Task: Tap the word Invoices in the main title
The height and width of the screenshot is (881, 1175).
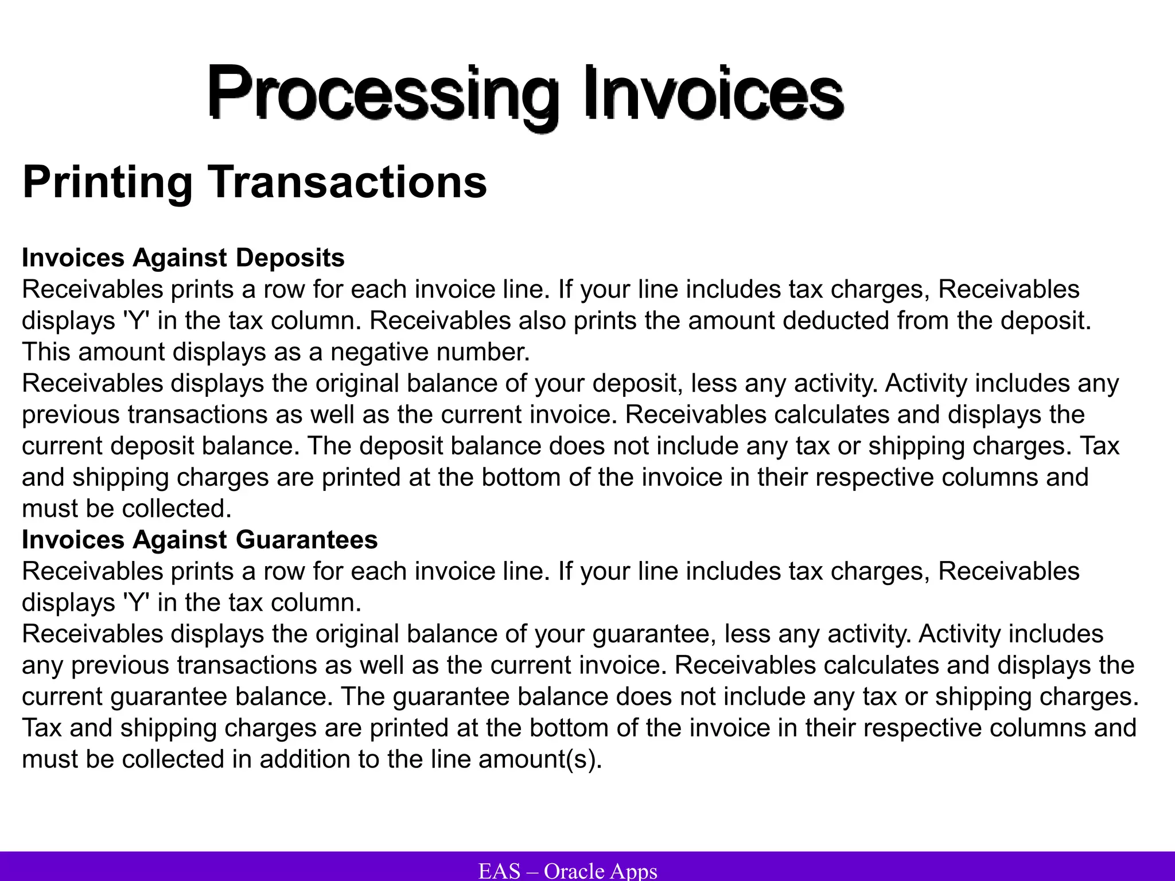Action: click(x=714, y=92)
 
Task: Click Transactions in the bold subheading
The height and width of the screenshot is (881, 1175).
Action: click(x=347, y=182)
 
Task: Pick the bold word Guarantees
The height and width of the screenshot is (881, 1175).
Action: click(x=306, y=540)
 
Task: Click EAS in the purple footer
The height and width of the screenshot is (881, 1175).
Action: click(x=499, y=871)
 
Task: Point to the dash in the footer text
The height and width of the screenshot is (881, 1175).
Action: click(x=532, y=871)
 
